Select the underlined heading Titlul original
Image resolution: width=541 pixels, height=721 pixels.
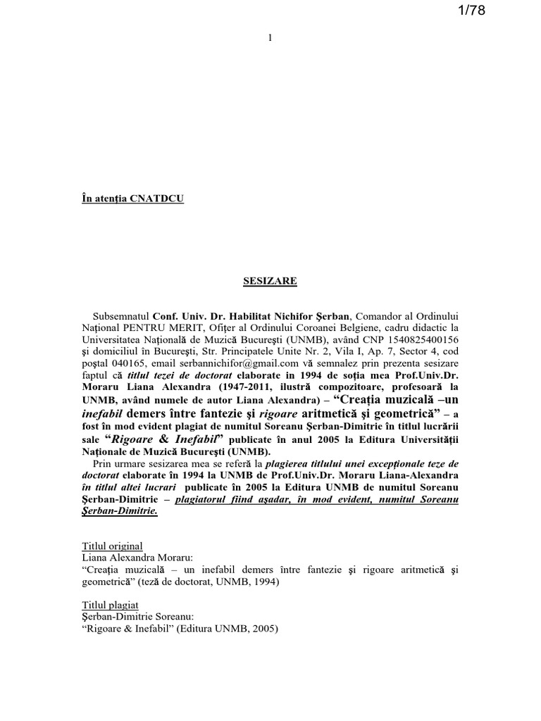point(112,546)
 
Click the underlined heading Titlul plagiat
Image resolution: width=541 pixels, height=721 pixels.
point(110,605)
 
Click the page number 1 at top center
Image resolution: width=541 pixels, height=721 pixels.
point(270,38)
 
